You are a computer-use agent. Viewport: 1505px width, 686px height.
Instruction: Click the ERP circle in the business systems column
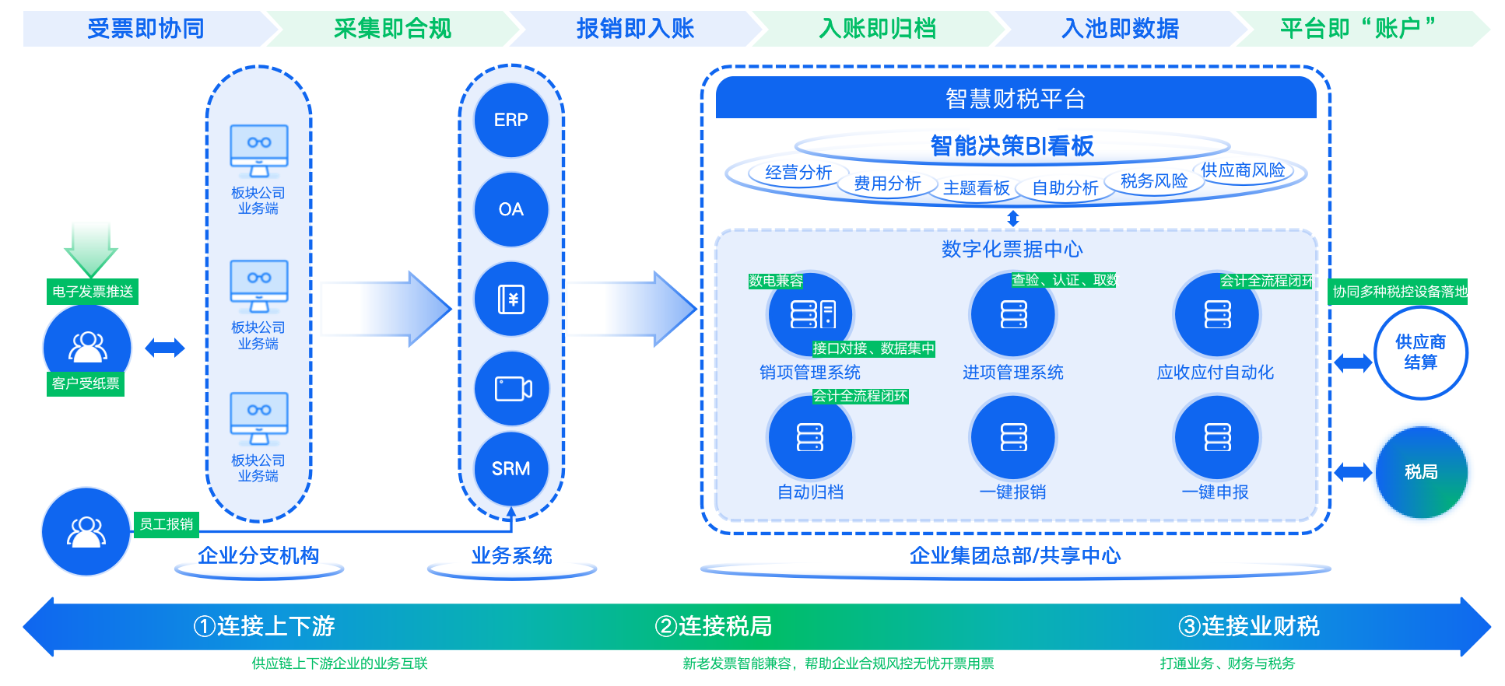point(511,120)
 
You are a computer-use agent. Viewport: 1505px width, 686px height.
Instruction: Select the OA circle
point(511,209)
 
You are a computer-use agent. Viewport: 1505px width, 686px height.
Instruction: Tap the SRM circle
point(511,468)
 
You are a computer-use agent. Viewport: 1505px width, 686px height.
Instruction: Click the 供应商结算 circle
point(1421,352)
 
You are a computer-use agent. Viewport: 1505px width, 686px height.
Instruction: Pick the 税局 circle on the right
point(1421,472)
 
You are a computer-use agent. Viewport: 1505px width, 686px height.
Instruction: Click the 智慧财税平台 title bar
point(1016,98)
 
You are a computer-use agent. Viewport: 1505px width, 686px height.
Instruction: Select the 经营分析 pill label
point(798,173)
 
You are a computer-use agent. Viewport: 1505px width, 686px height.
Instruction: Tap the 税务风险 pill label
point(1154,181)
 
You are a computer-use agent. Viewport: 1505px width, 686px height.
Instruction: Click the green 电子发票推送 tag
point(93,292)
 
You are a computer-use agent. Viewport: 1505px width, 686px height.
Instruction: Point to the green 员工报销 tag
point(167,524)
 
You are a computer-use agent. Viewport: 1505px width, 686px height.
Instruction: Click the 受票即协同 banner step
point(146,29)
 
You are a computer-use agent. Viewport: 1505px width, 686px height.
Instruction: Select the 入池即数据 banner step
point(1121,29)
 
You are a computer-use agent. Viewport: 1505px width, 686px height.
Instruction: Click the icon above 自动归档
point(810,437)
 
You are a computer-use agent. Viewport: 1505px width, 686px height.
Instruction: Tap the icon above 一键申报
point(1217,437)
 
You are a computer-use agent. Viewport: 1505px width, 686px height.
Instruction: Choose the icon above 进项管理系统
point(1013,314)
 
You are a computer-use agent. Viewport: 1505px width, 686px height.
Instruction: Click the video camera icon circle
point(511,388)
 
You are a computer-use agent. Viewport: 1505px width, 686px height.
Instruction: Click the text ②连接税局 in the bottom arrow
point(714,626)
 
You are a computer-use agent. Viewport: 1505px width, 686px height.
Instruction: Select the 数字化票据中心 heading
point(1012,249)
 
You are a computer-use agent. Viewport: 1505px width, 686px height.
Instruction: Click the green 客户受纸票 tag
point(86,383)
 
